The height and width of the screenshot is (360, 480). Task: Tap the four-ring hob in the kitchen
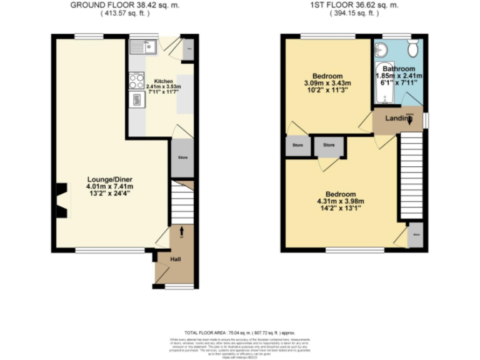pyautogui.click(x=136, y=79)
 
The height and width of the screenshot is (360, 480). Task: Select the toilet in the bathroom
pyautogui.click(x=412, y=49)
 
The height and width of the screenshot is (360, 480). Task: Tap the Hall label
pyautogui.click(x=176, y=259)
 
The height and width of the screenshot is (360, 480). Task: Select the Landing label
pyautogui.click(x=396, y=119)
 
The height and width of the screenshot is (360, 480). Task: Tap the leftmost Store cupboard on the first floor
pyautogui.click(x=297, y=146)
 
